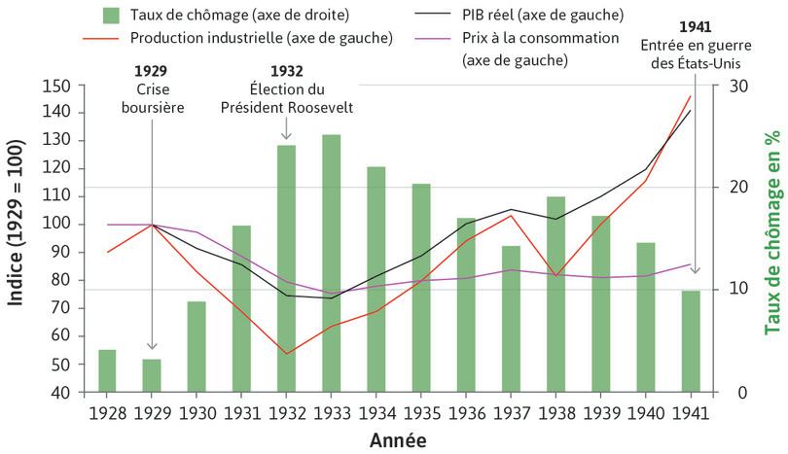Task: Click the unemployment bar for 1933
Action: (x=331, y=263)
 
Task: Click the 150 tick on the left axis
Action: (x=58, y=86)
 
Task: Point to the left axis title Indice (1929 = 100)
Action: (x=17, y=238)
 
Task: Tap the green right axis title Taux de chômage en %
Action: (x=773, y=238)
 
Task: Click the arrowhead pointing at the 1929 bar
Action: (x=152, y=345)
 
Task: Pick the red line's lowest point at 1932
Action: (x=286, y=353)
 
